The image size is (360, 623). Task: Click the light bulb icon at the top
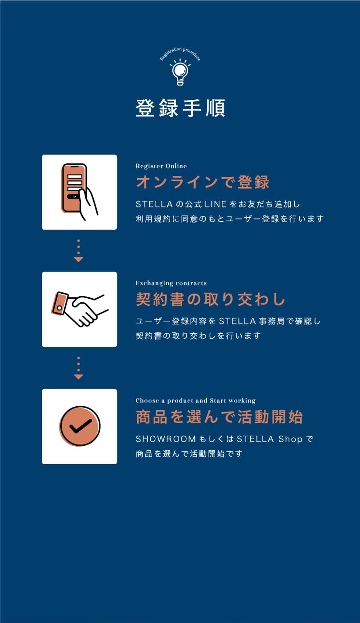coord(180,72)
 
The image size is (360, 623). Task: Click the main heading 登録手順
coord(180,108)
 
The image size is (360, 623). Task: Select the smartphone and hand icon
coord(79,192)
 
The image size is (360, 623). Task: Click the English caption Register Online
coord(161,166)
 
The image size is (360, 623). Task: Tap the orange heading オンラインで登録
coord(202,182)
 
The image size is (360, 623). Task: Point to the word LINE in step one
coord(216,204)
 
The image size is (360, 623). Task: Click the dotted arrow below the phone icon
coord(78,251)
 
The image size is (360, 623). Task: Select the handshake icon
coord(80,309)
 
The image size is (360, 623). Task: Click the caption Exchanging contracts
coord(171,283)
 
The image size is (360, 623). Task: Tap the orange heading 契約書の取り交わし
coord(211,299)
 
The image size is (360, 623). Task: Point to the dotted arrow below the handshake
coord(78,368)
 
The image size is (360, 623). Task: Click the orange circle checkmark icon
coord(80,426)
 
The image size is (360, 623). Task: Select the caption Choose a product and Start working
coord(196,400)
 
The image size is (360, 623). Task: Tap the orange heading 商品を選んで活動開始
coord(219,417)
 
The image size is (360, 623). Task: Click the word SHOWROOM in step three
coord(166,439)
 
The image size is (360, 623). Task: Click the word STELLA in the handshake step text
coord(237,322)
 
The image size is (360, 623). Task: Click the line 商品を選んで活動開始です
coord(189,454)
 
